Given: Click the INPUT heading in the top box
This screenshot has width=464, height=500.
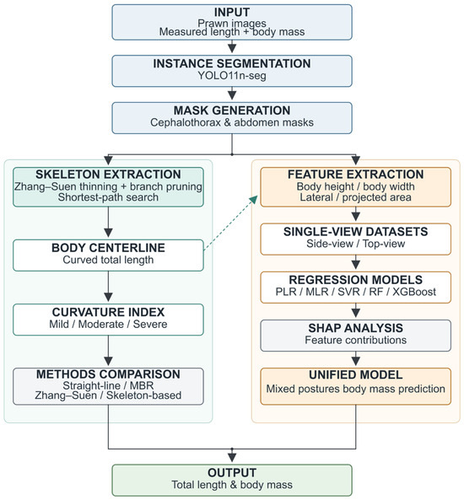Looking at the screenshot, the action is click(232, 12).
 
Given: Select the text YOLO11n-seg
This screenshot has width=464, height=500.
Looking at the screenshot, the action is click(232, 76).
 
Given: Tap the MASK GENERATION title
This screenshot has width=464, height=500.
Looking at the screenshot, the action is click(232, 110).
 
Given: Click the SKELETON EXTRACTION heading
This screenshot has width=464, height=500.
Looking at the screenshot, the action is click(108, 175).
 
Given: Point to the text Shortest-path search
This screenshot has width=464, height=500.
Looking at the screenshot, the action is click(108, 197).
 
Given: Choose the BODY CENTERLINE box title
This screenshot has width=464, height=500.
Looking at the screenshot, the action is click(108, 248).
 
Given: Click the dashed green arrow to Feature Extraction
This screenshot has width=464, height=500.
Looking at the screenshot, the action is click(230, 223).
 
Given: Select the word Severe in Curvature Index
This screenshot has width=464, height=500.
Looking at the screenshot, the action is click(150, 324).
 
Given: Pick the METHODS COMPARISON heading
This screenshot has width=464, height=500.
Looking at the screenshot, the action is click(108, 374).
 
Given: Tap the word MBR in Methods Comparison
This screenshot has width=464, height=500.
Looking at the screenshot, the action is click(142, 385).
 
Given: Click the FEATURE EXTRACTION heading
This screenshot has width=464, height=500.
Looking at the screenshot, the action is click(356, 175).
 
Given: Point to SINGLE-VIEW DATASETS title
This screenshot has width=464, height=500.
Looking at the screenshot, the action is click(356, 232).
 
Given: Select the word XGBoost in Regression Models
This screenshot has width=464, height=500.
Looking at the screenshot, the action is click(414, 292).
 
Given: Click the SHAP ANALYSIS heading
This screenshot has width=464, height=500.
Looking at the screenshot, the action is click(356, 328).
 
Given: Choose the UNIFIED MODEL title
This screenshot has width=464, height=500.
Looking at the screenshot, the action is click(356, 374).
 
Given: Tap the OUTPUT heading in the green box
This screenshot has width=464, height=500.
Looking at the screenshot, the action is click(232, 472).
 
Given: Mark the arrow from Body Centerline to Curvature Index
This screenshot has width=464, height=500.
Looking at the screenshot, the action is click(108, 287).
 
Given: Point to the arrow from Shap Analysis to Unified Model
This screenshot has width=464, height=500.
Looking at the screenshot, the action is click(356, 358).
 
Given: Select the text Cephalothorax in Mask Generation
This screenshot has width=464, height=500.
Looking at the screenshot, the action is click(186, 122).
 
